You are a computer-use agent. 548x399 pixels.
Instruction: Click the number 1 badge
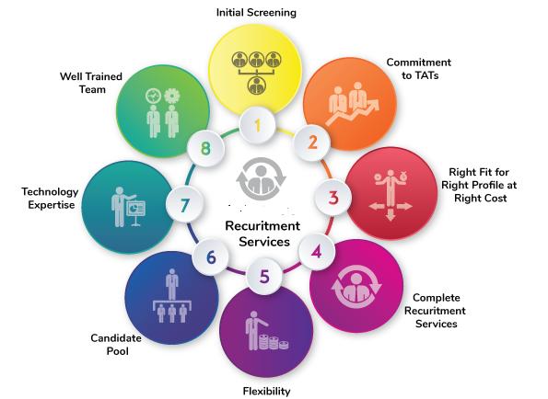click(x=258, y=125)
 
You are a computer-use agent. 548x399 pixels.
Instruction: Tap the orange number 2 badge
click(x=311, y=142)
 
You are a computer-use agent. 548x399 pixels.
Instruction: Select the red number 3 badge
click(x=333, y=198)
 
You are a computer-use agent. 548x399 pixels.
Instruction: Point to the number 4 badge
click(x=317, y=252)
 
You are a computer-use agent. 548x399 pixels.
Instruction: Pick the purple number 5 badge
click(x=264, y=277)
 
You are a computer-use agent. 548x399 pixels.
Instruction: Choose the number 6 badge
click(x=211, y=257)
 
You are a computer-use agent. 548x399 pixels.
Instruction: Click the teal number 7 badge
click(x=184, y=204)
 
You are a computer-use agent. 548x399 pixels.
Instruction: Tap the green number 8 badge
click(x=205, y=148)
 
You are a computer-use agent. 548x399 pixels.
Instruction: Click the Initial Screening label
click(x=256, y=13)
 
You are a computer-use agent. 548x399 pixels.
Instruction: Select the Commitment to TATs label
click(x=419, y=69)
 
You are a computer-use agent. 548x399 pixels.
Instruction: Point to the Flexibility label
click(x=267, y=391)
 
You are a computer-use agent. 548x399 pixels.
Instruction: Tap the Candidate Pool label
click(x=116, y=344)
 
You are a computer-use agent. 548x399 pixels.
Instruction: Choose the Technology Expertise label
click(x=50, y=198)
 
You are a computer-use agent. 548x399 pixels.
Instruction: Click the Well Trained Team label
click(x=91, y=83)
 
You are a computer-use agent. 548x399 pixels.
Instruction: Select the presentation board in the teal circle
click(x=135, y=212)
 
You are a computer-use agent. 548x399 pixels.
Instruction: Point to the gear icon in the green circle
click(x=171, y=96)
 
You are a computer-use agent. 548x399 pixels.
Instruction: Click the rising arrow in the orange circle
click(x=352, y=112)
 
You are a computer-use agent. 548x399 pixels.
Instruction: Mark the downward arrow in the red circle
click(x=391, y=214)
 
